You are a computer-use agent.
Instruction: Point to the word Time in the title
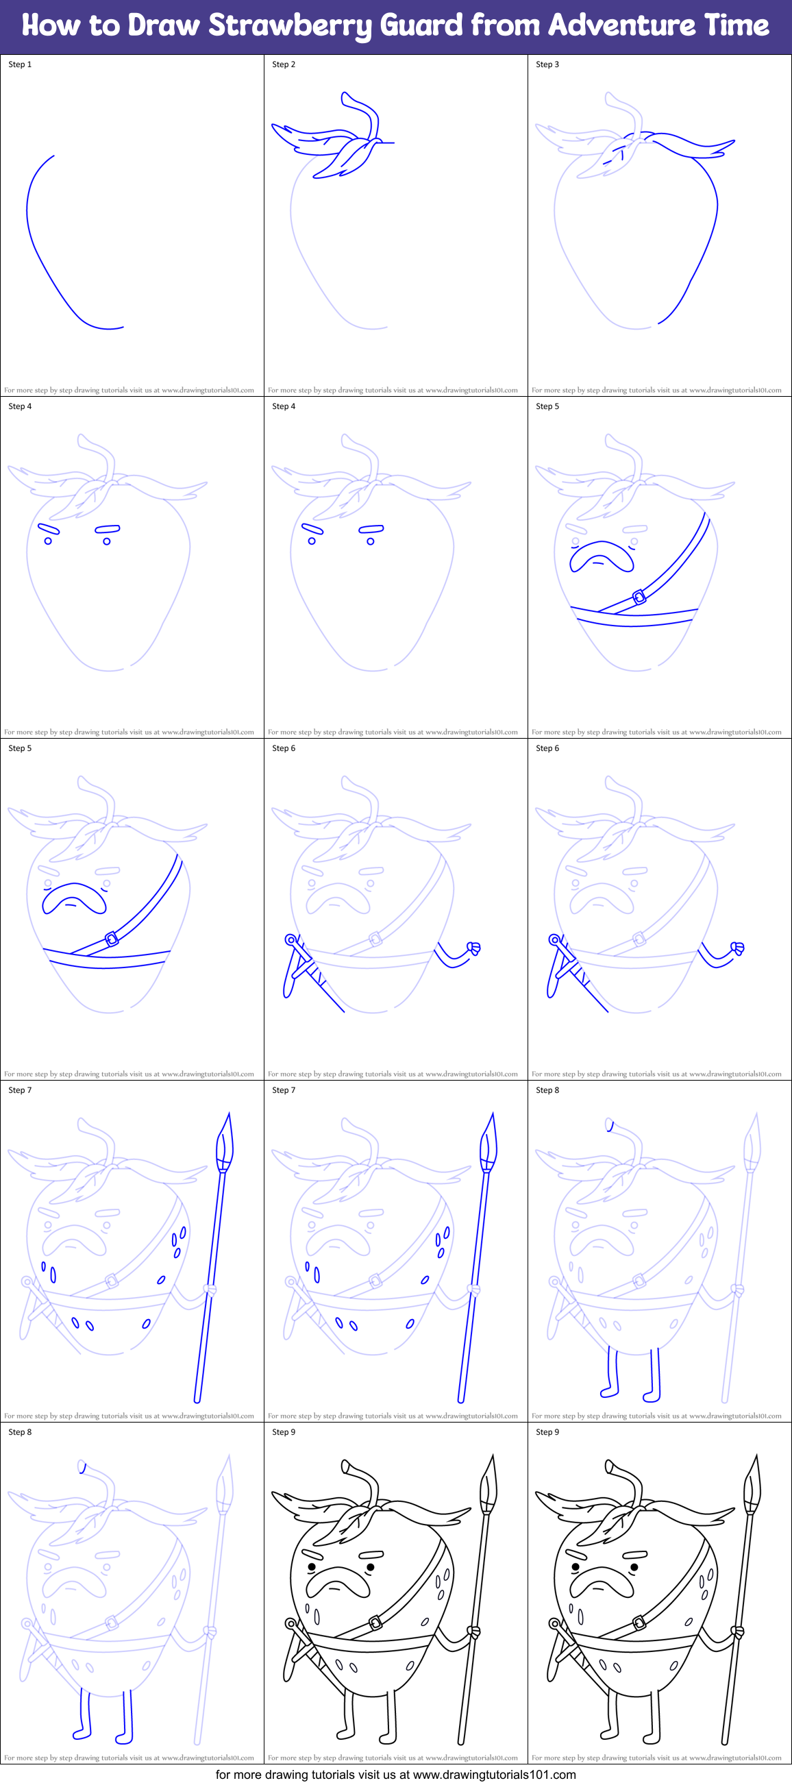(736, 25)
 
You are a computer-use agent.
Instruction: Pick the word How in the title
(51, 25)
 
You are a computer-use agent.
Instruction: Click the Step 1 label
(20, 64)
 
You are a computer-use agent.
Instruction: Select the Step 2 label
(284, 64)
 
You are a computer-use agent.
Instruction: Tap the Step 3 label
(547, 64)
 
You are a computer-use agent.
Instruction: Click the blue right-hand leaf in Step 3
(693, 147)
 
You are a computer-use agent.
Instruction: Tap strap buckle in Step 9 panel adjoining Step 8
(375, 1622)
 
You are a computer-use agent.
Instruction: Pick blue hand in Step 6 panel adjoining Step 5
(475, 948)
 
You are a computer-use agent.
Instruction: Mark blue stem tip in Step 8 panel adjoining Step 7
(609, 1124)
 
